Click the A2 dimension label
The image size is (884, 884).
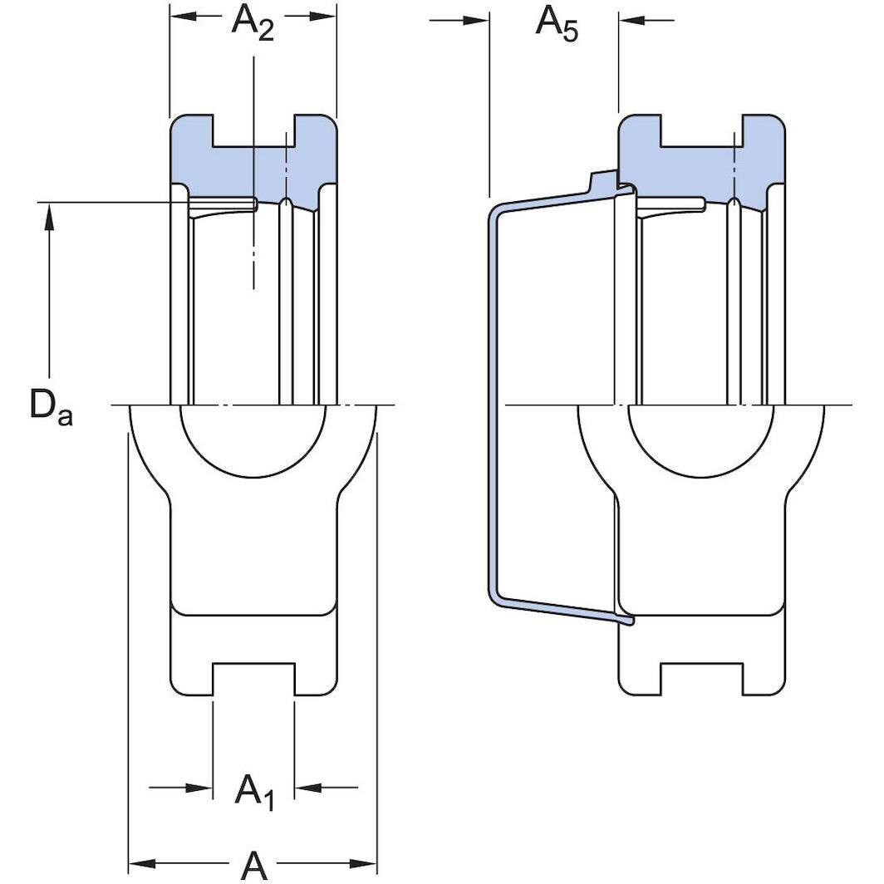pos(253,21)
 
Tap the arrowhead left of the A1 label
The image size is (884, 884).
pos(199,787)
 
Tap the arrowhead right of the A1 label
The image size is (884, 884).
pos(307,787)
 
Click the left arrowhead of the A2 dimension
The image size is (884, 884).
pos(182,15)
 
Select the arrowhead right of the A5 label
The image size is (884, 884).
pos(631,20)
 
